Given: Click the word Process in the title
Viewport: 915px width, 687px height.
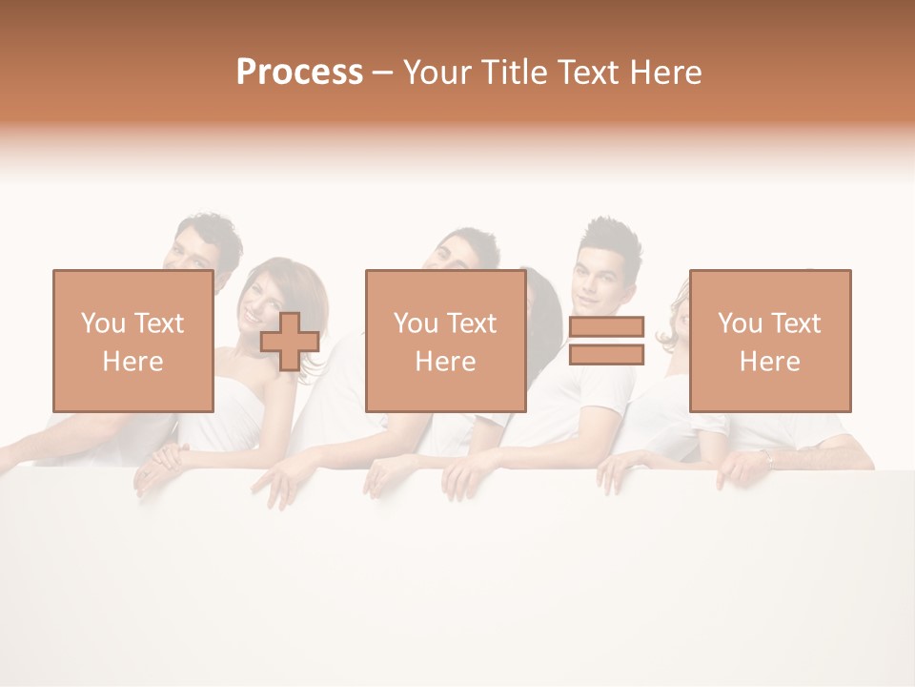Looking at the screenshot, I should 299,73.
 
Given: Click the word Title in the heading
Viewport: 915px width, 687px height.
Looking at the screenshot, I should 515,73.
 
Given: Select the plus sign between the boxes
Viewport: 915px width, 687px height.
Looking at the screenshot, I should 290,342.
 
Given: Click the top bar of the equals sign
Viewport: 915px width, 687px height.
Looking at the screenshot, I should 606,327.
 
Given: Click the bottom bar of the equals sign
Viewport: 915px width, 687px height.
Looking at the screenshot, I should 606,355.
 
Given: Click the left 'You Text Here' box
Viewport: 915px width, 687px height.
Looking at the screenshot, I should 132,341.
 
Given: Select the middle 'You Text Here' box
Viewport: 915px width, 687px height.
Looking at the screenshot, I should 445,341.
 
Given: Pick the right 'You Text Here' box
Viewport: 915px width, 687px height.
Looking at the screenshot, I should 770,341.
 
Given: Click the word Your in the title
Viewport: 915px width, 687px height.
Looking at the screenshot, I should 437,73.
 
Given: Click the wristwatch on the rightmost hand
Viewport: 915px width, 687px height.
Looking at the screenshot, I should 769,459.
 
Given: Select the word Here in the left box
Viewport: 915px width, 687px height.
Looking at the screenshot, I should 132,362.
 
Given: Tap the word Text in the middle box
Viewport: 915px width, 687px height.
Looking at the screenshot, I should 474,323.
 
